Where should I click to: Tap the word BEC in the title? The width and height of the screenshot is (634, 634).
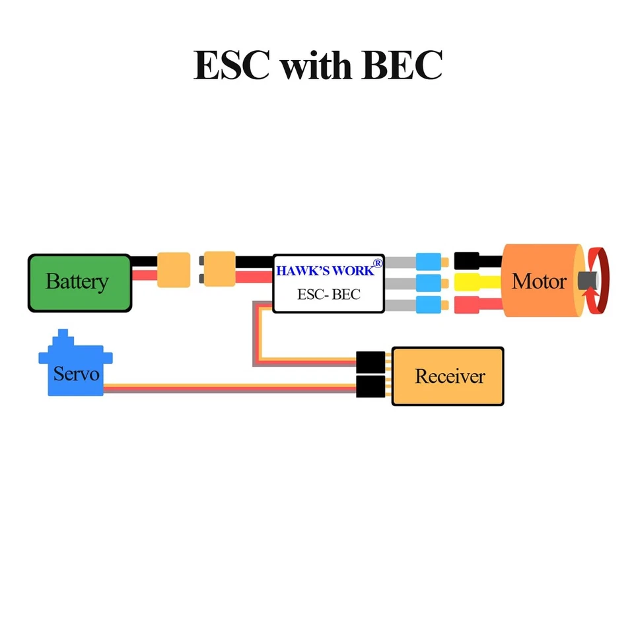tap(402, 65)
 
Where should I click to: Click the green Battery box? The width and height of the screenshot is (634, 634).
tap(79, 283)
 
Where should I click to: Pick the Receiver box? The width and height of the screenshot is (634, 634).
tap(448, 376)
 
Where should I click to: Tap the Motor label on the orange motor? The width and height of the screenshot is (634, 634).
tap(538, 282)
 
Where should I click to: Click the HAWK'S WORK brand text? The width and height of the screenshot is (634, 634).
tap(324, 271)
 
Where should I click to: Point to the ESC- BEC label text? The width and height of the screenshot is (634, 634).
tap(328, 295)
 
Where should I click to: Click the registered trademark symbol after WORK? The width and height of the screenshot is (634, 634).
tap(378, 264)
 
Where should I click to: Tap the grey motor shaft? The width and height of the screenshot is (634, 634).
tap(585, 281)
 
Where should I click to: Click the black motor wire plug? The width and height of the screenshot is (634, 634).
tap(467, 260)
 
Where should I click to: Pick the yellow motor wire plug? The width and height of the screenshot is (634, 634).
tap(467, 283)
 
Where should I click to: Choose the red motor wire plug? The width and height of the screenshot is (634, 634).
tap(467, 304)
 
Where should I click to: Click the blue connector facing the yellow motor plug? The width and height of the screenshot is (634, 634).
tap(428, 283)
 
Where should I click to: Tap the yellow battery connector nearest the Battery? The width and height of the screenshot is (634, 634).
tap(174, 269)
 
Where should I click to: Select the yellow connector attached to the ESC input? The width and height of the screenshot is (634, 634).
tap(219, 269)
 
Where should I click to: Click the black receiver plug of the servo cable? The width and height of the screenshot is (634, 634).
tap(370, 387)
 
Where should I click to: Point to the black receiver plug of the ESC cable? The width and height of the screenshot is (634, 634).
tap(370, 362)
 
